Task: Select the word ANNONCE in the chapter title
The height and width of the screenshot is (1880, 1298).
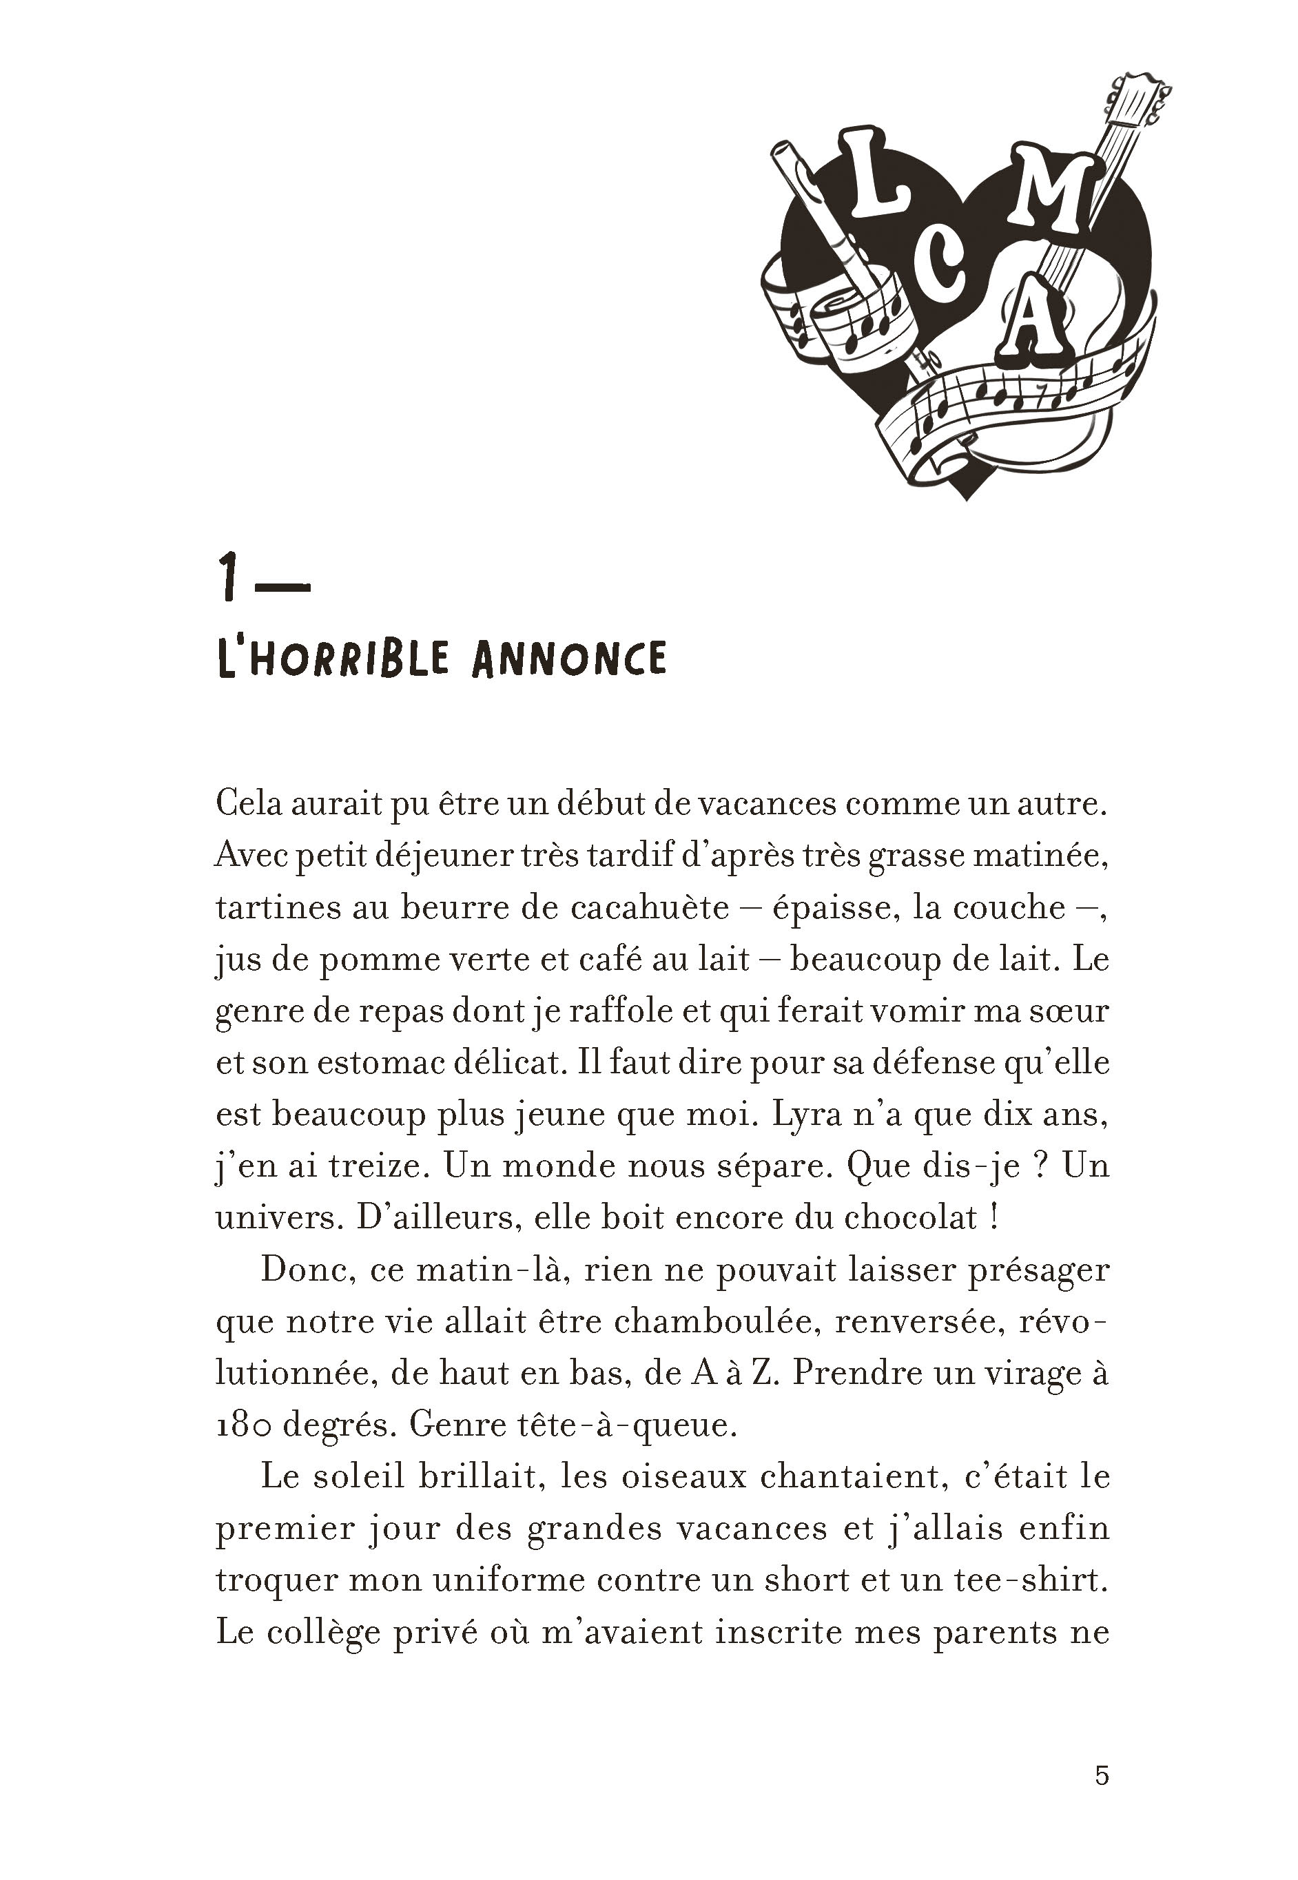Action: tap(568, 659)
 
